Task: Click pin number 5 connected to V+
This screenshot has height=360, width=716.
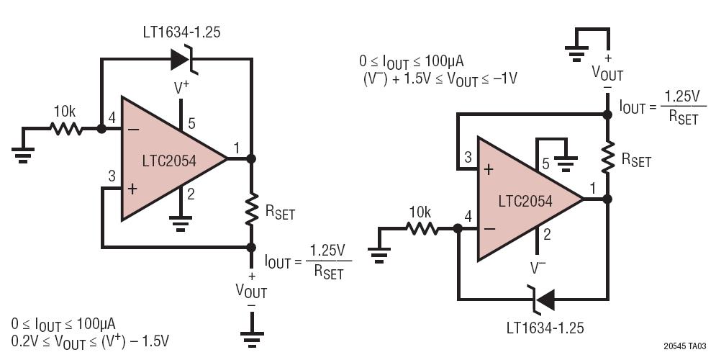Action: tap(191, 124)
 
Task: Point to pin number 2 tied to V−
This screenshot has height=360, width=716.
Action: tap(546, 233)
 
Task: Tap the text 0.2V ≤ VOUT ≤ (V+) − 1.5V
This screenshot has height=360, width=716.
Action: tap(90, 339)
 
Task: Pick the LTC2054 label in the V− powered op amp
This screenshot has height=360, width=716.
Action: tap(525, 202)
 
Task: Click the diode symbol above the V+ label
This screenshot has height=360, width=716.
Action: tap(183, 60)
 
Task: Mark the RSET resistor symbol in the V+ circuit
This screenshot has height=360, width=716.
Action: tap(251, 210)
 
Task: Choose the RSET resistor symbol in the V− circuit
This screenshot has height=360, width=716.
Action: tap(608, 157)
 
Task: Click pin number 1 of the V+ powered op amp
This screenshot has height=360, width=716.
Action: tap(237, 148)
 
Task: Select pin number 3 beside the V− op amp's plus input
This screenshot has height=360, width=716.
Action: tap(467, 157)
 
